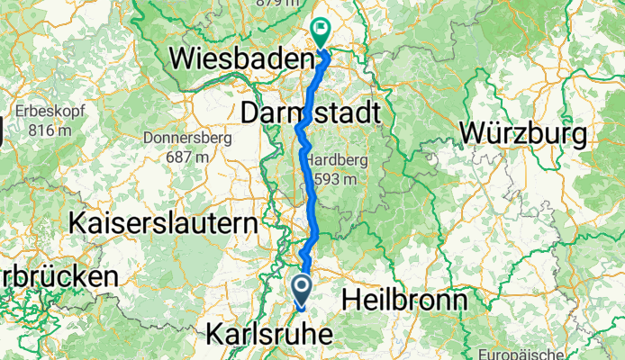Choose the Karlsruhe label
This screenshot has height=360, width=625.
click(x=269, y=334)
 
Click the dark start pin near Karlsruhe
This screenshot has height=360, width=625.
click(x=301, y=290)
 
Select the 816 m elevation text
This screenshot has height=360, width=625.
click(x=37, y=130)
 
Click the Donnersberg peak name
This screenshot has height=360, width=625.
click(x=187, y=139)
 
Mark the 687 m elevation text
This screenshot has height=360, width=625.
click(x=187, y=156)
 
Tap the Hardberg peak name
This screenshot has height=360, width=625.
click(x=334, y=161)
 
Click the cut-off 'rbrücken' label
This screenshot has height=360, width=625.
click(x=57, y=274)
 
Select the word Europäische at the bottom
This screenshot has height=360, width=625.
click(x=515, y=353)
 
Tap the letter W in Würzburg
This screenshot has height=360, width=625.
click(x=476, y=133)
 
